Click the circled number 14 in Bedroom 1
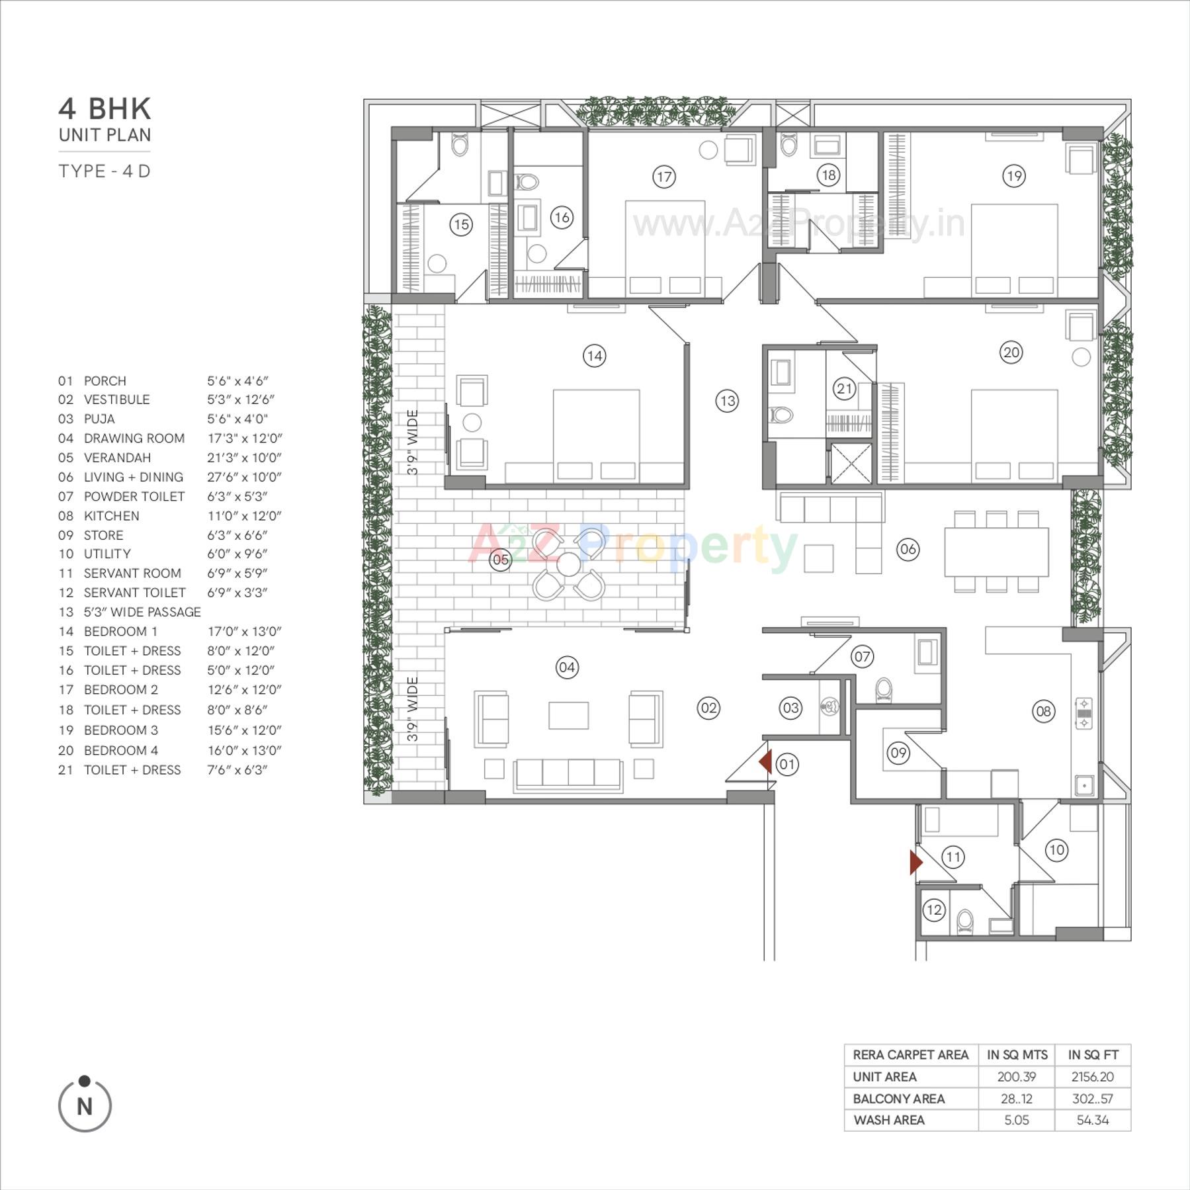[594, 356]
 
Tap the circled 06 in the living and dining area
[908, 548]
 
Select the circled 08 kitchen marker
[1043, 711]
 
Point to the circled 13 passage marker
[727, 401]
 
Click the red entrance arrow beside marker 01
[765, 762]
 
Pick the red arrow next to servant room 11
[915, 863]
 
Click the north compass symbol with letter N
[85, 1105]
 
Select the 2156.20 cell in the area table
[1092, 1077]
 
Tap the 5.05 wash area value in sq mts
[1016, 1120]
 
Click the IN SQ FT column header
[1093, 1055]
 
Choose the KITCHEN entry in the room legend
[111, 515]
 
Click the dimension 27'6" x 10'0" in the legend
[244, 477]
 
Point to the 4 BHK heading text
[105, 109]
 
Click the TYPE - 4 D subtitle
[105, 171]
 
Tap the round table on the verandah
[568, 564]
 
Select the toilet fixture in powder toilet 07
[884, 689]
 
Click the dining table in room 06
[996, 552]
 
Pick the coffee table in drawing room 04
[568, 715]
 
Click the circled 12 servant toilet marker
[933, 910]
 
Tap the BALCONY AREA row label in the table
[898, 1099]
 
